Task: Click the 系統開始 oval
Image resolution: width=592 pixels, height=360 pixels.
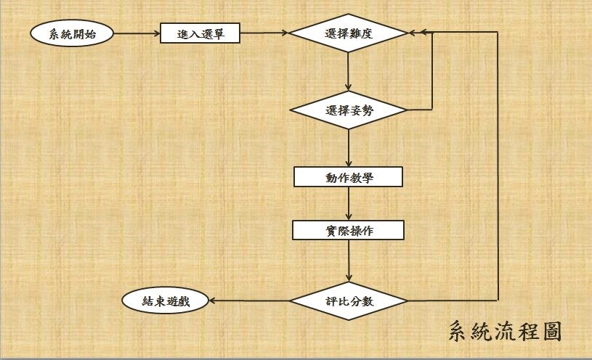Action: (72, 34)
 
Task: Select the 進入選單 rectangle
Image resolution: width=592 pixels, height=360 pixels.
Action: (200, 34)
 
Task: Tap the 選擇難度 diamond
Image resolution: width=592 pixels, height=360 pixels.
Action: (349, 33)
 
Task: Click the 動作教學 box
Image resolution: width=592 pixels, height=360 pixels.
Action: (349, 177)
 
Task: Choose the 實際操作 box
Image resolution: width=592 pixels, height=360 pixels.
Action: (349, 231)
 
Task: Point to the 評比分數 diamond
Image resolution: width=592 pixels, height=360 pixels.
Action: (349, 300)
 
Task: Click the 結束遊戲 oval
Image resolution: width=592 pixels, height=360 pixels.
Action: (164, 300)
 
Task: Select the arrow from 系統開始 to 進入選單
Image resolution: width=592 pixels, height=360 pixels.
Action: (137, 34)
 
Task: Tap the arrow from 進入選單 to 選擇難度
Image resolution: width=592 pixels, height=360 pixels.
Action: (264, 34)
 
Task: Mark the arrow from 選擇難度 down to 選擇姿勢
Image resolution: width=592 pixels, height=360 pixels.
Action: (349, 73)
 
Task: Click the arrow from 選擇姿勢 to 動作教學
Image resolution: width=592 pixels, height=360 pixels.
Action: (349, 148)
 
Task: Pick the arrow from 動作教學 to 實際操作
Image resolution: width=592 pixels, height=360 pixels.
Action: (349, 204)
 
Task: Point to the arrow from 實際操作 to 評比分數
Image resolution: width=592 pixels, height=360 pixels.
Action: (349, 261)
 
